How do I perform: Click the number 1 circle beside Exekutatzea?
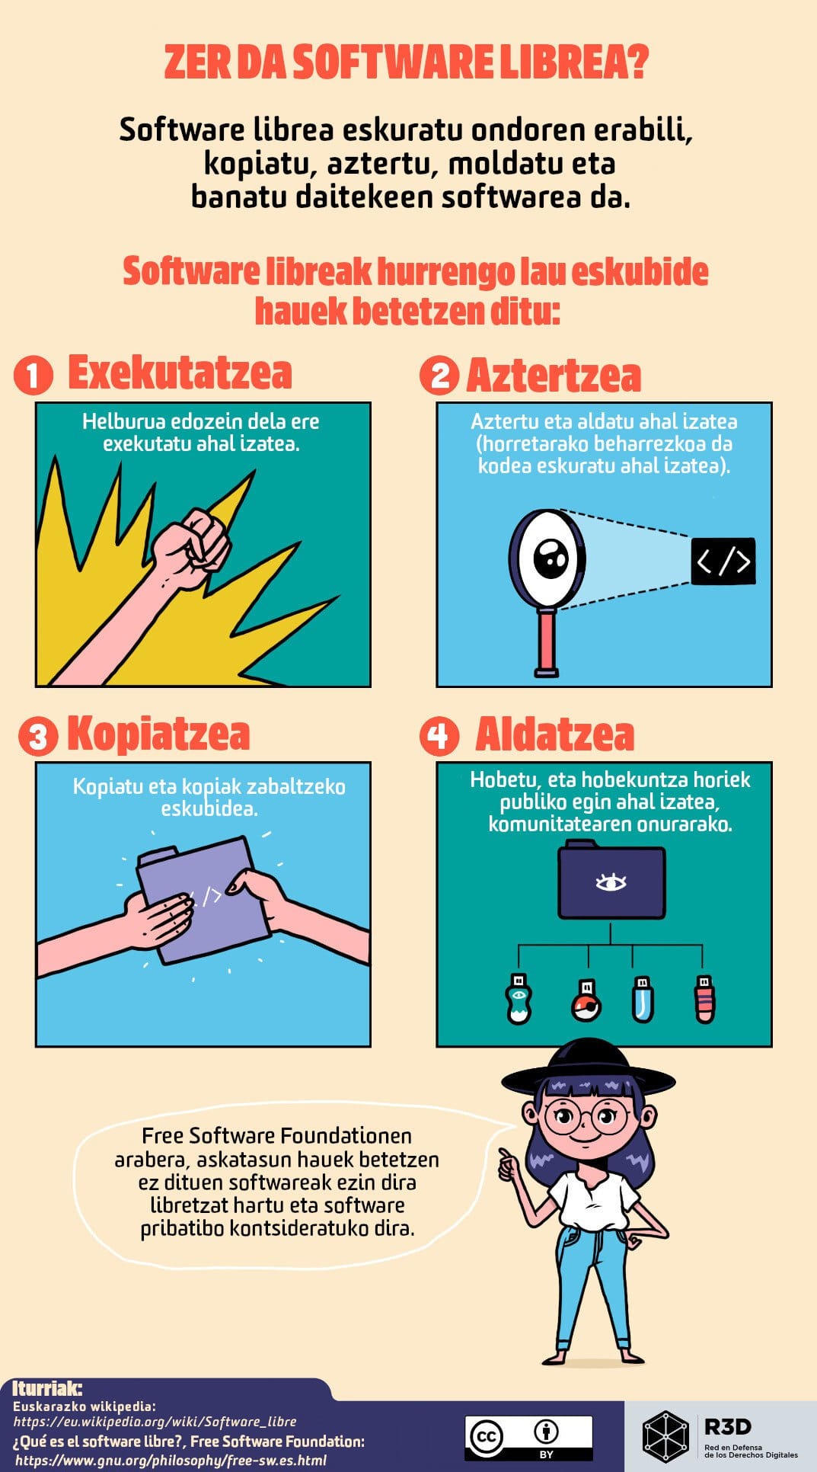tap(33, 376)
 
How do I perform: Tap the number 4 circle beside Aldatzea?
tap(439, 736)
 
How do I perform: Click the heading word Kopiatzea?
tap(158, 734)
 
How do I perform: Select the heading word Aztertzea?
tap(554, 376)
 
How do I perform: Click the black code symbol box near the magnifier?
tap(723, 562)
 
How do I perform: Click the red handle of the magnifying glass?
tap(546, 642)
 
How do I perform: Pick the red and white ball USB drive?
tap(586, 1000)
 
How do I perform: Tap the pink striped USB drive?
tap(704, 1000)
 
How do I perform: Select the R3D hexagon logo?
tap(666, 1437)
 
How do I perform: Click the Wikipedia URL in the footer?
tap(155, 1422)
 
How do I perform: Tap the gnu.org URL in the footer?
tap(171, 1460)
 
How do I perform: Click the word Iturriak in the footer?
tap(47, 1388)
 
